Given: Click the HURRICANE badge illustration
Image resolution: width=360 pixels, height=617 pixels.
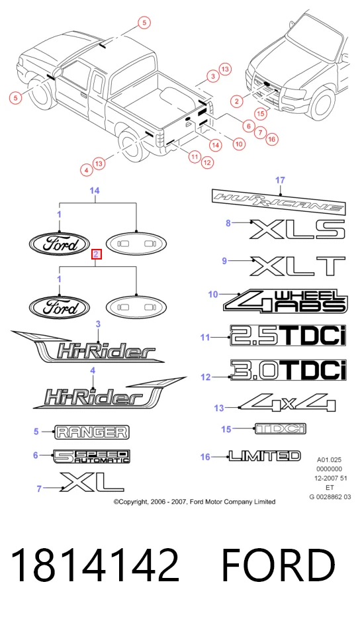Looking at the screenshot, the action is click(x=279, y=202).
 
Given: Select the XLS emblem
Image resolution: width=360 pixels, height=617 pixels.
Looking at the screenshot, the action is click(x=297, y=229).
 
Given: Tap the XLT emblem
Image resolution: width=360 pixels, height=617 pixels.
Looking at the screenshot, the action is click(x=298, y=266).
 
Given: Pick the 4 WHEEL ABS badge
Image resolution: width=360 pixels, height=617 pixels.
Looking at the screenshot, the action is click(x=286, y=301).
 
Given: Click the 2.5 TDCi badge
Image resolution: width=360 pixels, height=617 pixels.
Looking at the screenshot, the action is click(x=288, y=336).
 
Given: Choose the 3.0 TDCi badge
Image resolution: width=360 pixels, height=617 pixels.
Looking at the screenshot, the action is click(x=289, y=371).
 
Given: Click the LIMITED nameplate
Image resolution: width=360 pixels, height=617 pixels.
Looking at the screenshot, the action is click(x=265, y=455).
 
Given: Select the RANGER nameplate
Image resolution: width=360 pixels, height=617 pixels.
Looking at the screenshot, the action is click(x=92, y=432).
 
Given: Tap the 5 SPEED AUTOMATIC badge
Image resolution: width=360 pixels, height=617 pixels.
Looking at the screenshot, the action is click(x=92, y=456).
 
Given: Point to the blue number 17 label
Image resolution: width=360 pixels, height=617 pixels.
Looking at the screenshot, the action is click(x=280, y=180).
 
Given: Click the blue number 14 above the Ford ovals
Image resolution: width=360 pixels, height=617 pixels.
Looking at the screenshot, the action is click(x=95, y=191).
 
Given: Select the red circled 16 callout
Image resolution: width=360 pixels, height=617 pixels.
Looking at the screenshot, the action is click(x=271, y=138).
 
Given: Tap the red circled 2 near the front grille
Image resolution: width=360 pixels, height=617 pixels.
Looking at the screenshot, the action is click(x=236, y=101).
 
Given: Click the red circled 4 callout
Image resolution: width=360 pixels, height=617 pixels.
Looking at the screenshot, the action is click(x=87, y=170).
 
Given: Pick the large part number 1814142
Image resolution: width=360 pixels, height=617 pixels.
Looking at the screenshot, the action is click(x=95, y=565).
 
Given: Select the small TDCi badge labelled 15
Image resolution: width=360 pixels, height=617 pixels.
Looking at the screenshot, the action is click(x=280, y=428).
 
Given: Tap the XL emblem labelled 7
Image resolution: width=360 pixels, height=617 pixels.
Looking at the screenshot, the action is click(x=92, y=482).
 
